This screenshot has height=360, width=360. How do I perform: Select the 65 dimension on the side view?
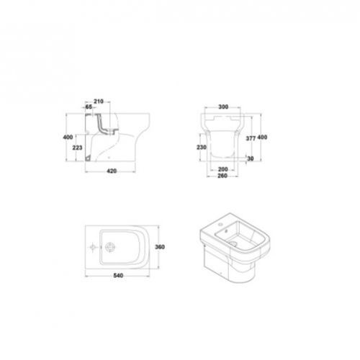(89, 106)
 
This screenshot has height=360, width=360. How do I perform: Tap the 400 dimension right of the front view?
(263, 137)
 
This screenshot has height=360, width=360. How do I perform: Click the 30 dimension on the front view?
(251, 158)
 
